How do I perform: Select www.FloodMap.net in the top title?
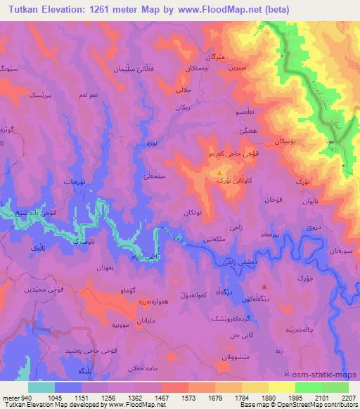[212, 8]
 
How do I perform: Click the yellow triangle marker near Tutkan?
[220, 171]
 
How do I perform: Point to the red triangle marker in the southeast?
[264, 286]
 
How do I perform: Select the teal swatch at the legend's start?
[42, 387]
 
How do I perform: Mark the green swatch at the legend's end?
[335, 387]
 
